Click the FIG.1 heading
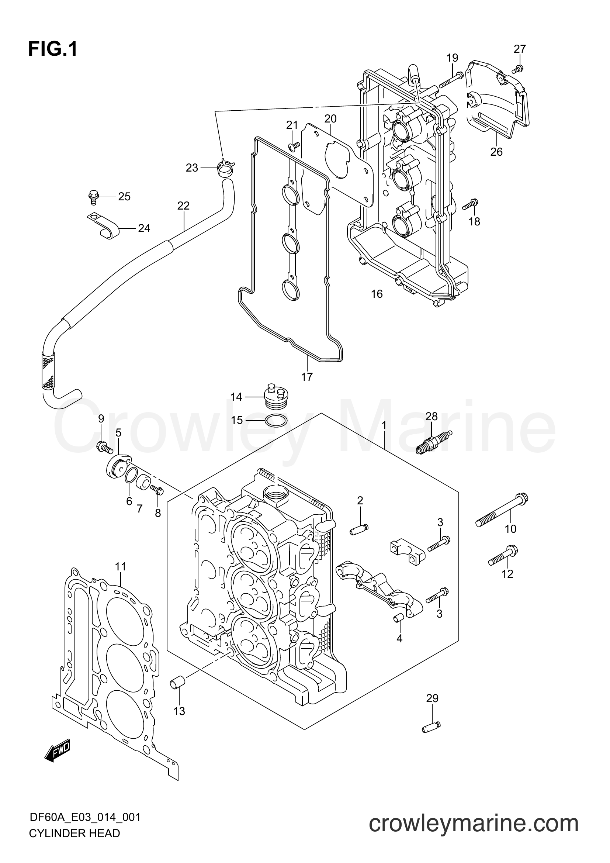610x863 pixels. (53, 49)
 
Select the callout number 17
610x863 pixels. (307, 376)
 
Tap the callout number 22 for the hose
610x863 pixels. (183, 206)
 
